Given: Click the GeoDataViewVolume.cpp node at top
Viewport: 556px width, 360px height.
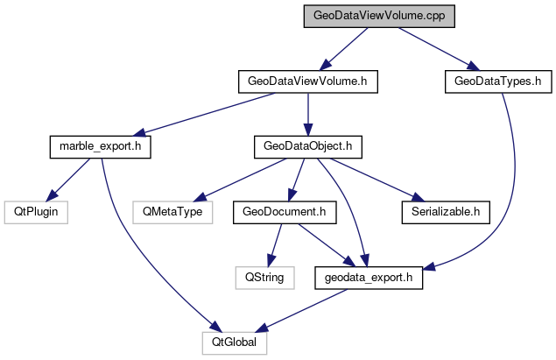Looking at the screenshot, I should pos(369,17).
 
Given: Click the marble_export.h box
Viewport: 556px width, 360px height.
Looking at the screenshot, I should pos(99,146).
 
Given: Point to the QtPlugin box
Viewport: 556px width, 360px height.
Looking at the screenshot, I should pos(35,211).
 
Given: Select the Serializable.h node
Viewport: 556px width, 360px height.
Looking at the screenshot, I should pos(445,211).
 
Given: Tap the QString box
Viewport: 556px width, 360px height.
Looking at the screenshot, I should pos(262,276).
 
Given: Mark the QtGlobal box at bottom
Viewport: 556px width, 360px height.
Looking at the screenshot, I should pos(234,341).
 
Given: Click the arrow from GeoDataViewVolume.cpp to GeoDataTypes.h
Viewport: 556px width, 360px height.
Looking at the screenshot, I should pos(435,49).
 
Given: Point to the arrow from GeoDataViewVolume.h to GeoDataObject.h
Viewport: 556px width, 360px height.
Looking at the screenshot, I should pos(307,114).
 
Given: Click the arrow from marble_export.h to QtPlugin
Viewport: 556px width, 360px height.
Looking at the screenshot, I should pos(68,179).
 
